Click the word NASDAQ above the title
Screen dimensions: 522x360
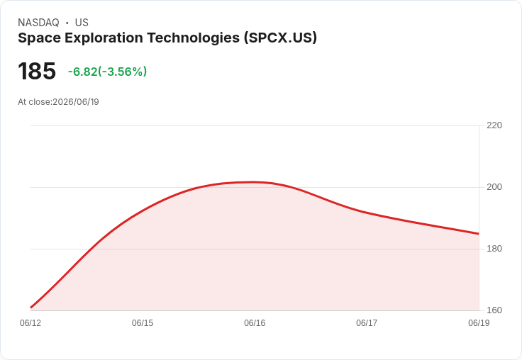[38, 23]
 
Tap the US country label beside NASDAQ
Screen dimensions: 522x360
[82, 23]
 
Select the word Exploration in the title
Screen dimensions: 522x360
[104, 38]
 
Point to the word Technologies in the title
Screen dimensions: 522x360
[194, 38]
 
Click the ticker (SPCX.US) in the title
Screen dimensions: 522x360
[280, 38]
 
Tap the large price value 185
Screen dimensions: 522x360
[37, 71]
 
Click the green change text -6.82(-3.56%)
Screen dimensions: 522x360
[107, 72]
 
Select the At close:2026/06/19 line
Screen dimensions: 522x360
[58, 102]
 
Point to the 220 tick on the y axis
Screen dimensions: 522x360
[494, 125]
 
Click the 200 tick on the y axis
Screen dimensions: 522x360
[494, 187]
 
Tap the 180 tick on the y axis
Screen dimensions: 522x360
[494, 249]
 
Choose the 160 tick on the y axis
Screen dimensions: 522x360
[494, 310]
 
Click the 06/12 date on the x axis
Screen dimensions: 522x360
[30, 323]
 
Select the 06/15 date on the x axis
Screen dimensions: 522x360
[143, 323]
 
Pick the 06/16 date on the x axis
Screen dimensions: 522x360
[255, 323]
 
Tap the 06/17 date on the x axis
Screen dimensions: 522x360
[367, 323]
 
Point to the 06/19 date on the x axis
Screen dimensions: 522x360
[479, 323]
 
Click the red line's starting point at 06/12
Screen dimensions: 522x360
[30, 308]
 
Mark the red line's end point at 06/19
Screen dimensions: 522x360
[479, 234]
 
